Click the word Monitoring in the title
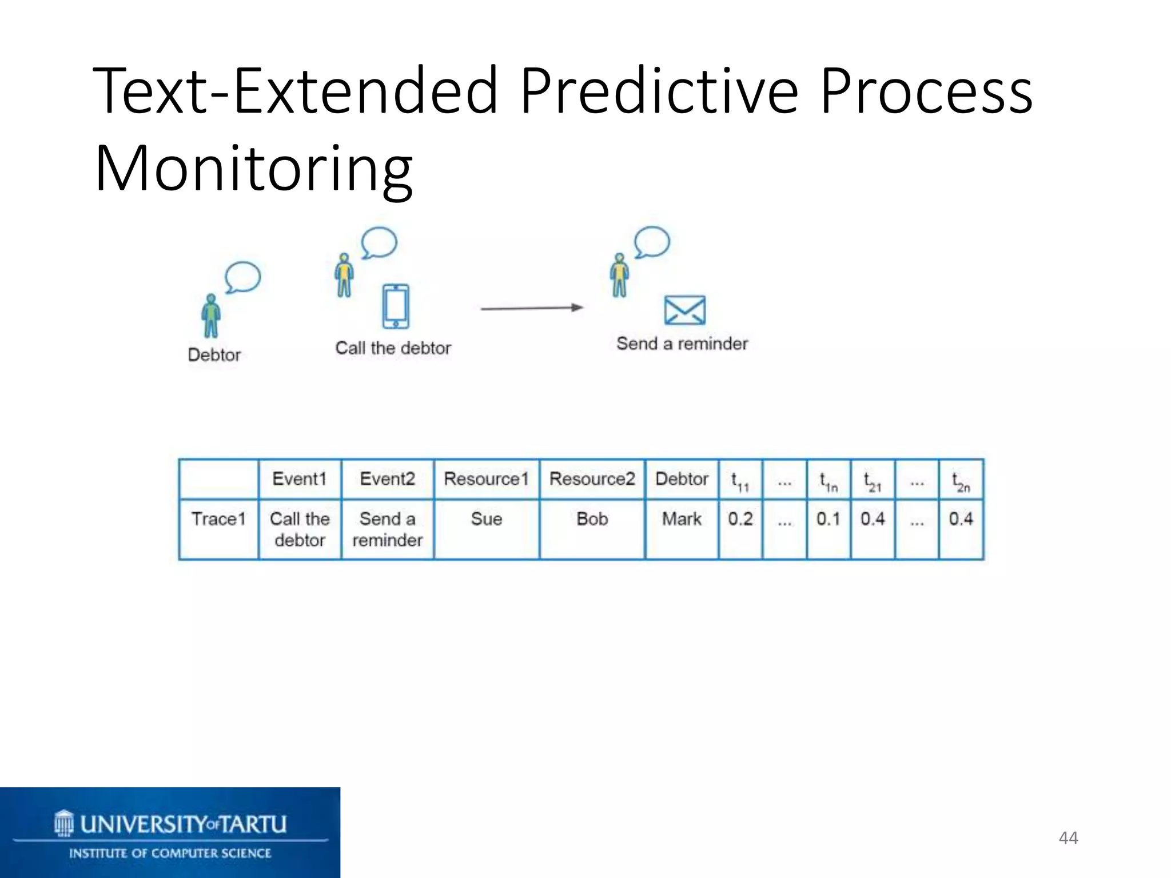pos(253,169)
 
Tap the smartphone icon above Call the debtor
pos(396,306)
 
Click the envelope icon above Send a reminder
pos(684,310)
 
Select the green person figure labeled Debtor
pos(211,316)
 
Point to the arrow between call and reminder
pos(532,308)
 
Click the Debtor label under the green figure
pos(214,355)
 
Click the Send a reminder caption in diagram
pos(682,344)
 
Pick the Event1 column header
pos(300,479)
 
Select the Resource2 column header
pos(592,479)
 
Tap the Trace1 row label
pos(218,519)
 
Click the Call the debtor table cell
pos(300,529)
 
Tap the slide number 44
pos(1068,838)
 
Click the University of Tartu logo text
pos(183,824)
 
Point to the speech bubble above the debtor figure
pos(243,277)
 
